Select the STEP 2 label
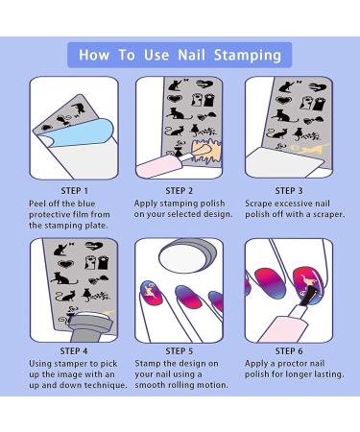pos(180,190)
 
